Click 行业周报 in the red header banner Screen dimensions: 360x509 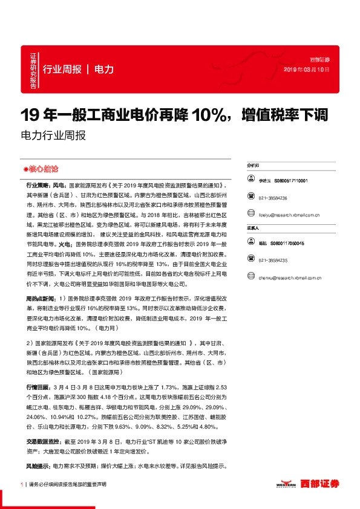point(61,69)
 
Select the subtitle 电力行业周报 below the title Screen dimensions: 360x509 point(53,135)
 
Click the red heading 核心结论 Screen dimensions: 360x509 point(41,168)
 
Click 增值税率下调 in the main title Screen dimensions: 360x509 point(284,114)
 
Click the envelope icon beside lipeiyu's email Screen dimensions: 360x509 point(251,215)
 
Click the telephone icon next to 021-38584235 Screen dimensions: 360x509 point(251,260)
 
